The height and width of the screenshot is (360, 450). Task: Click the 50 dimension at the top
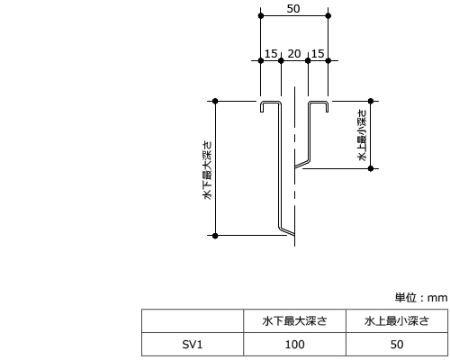tap(293, 9)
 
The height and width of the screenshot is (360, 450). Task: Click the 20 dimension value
tap(294, 54)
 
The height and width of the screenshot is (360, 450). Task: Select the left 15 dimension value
tap(271, 54)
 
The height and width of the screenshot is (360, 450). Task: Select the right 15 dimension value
tap(318, 54)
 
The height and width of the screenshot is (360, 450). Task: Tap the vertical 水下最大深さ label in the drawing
tap(208, 170)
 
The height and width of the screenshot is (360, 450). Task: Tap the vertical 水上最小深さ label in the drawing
tap(363, 135)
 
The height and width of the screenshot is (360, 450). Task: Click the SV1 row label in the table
tap(193, 345)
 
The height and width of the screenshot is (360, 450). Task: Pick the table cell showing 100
tap(294, 345)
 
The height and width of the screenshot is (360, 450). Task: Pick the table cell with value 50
tap(397, 345)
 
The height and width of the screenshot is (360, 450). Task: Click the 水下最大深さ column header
tap(294, 321)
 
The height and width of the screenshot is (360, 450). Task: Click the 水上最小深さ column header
tap(397, 321)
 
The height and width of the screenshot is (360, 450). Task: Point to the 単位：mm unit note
tap(421, 298)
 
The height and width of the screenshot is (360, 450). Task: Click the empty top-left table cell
tap(193, 320)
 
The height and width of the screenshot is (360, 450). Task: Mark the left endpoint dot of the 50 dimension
tap(261, 15)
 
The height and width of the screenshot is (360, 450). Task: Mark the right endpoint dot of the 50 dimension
tap(328, 15)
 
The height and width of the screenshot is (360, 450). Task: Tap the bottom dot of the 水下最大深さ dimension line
tap(215, 236)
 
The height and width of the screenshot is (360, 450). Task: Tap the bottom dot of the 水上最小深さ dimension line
tap(371, 168)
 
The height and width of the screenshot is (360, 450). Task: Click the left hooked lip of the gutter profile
tap(262, 106)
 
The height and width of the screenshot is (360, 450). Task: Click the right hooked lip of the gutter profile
tap(327, 106)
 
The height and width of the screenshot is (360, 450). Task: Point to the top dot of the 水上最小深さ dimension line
tap(371, 101)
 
